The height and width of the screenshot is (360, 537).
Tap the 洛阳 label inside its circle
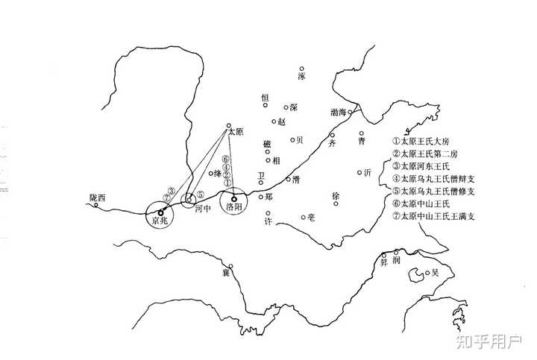click(233, 208)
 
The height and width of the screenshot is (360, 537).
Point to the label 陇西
click(98, 198)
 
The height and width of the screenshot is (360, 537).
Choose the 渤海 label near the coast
click(338, 113)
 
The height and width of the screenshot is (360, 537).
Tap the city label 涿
click(301, 76)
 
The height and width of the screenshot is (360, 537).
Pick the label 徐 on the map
click(336, 196)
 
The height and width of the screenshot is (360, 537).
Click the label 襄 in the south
click(224, 274)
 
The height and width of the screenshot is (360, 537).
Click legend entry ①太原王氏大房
click(430, 141)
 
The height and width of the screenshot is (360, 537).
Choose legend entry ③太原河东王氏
click(430, 166)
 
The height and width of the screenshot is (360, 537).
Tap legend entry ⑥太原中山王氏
click(430, 204)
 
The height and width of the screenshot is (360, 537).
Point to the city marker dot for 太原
click(229, 125)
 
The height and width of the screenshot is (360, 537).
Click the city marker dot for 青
click(360, 133)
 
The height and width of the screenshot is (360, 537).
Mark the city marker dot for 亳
click(303, 218)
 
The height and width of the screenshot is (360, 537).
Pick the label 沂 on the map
click(366, 173)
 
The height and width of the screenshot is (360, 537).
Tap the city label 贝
click(299, 139)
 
